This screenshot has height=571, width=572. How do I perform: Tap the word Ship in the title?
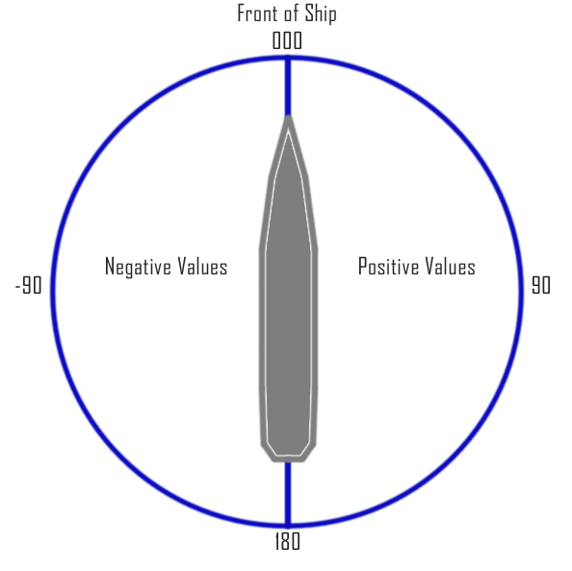pyautogui.click(x=321, y=14)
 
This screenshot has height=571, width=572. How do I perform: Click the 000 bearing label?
pyautogui.click(x=287, y=40)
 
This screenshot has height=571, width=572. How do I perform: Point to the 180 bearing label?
pyautogui.click(x=288, y=541)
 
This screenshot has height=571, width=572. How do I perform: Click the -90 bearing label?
pyautogui.click(x=29, y=285)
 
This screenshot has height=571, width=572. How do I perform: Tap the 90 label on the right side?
pyautogui.click(x=541, y=285)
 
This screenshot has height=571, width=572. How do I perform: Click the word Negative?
pyautogui.click(x=138, y=267)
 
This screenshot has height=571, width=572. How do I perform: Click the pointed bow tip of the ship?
pyautogui.click(x=288, y=116)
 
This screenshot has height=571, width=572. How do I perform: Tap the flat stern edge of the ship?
pyautogui.click(x=288, y=461)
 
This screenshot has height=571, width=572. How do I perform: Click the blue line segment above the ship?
pyautogui.click(x=288, y=86)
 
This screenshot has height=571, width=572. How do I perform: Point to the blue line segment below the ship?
pyautogui.click(x=288, y=494)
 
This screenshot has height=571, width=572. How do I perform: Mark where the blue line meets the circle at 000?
pyautogui.click(x=288, y=58)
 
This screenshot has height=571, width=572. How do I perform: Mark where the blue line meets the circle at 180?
pyautogui.click(x=288, y=526)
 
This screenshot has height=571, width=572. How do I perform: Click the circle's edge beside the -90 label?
pyautogui.click(x=53, y=292)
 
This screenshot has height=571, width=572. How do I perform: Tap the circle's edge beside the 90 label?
pyautogui.click(x=521, y=292)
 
